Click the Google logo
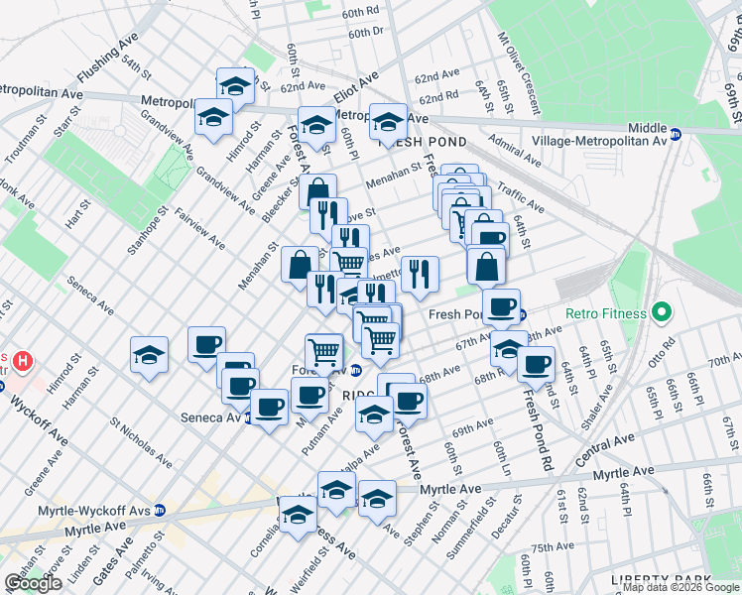(x=33, y=583)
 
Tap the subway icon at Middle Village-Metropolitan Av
(x=676, y=134)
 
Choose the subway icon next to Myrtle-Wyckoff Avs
(x=160, y=510)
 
